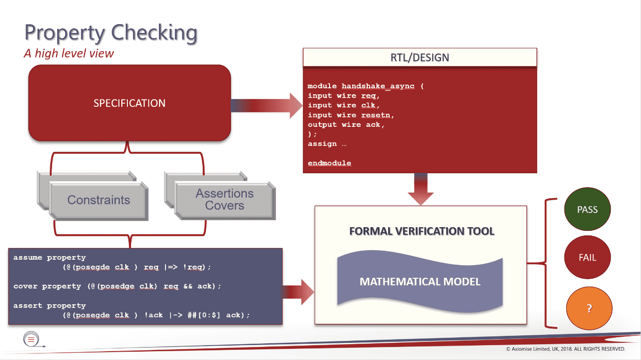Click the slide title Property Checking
(x=111, y=33)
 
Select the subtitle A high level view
(x=69, y=53)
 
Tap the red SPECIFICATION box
(x=129, y=103)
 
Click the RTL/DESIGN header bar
(x=420, y=58)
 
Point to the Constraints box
(x=99, y=200)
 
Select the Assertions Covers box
(x=225, y=200)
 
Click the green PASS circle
(x=587, y=210)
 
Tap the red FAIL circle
(x=587, y=258)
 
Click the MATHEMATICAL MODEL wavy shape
(x=420, y=282)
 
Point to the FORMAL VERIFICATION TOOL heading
(x=422, y=231)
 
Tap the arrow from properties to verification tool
(x=298, y=292)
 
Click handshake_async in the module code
(x=378, y=86)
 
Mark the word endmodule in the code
(x=329, y=163)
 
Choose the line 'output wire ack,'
(x=346, y=124)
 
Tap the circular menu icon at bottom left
(x=31, y=340)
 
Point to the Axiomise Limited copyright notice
(x=565, y=349)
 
